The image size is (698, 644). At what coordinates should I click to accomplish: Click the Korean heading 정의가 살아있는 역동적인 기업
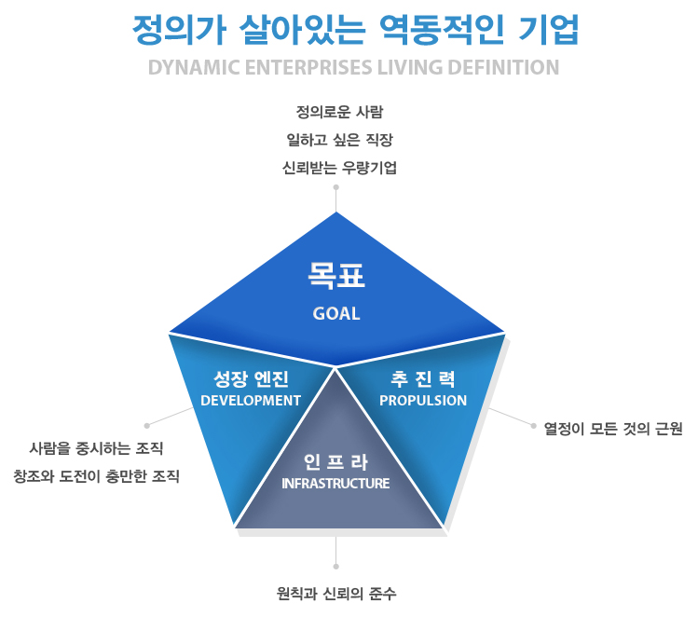pyautogui.click(x=355, y=30)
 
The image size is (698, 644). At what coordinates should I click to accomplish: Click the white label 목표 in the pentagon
pyautogui.click(x=336, y=275)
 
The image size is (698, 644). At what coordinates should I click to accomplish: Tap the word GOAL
pyautogui.click(x=336, y=314)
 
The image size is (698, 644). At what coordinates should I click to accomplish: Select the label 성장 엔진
pyautogui.click(x=252, y=379)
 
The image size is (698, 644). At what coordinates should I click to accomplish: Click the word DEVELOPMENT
pyautogui.click(x=251, y=401)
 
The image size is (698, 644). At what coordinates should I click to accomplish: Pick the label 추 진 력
pyautogui.click(x=423, y=379)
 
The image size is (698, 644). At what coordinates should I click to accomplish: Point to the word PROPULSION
pyautogui.click(x=423, y=401)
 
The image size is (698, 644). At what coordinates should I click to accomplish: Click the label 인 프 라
pyautogui.click(x=336, y=462)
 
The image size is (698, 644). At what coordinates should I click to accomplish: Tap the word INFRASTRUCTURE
pyautogui.click(x=335, y=484)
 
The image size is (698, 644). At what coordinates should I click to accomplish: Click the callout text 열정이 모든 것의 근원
pyautogui.click(x=613, y=431)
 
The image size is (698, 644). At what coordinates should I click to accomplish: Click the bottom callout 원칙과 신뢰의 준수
pyautogui.click(x=336, y=594)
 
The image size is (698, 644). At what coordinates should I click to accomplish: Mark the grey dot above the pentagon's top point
pyautogui.click(x=336, y=186)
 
